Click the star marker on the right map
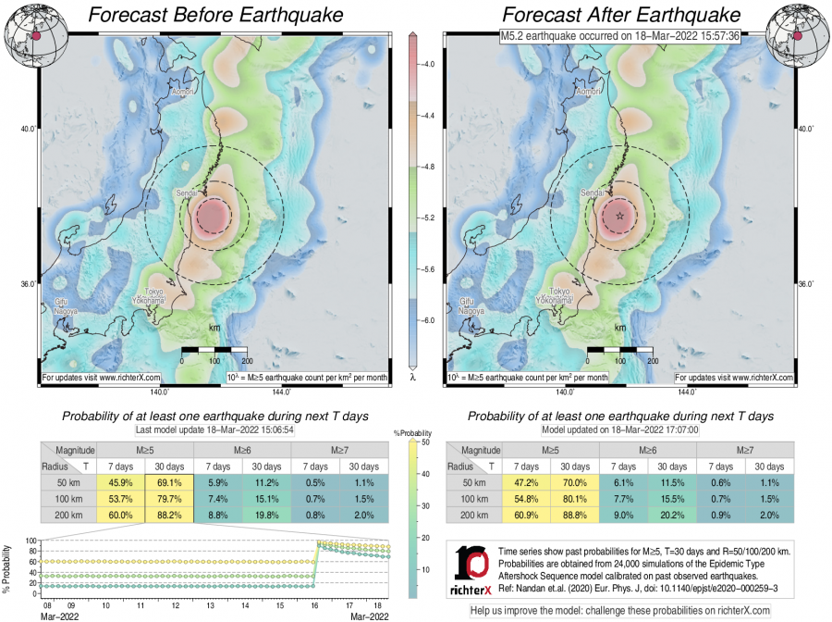pyautogui.click(x=619, y=216)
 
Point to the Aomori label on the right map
pyautogui.click(x=588, y=93)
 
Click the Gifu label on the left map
pyautogui.click(x=60, y=302)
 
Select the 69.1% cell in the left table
pyautogui.click(x=168, y=482)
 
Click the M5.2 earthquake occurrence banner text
pyautogui.click(x=617, y=36)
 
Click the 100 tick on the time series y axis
pyautogui.click(x=31, y=541)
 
